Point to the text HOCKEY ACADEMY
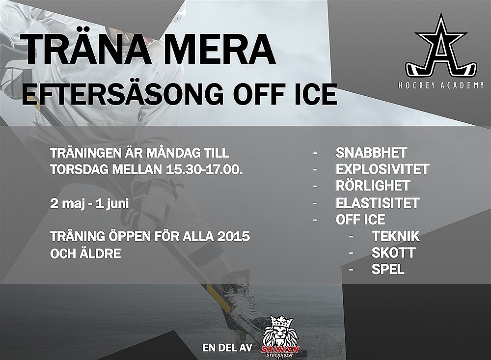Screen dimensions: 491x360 [x=441, y=85]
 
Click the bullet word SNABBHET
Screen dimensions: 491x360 [x=371, y=153]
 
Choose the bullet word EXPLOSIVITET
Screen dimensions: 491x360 [x=382, y=169]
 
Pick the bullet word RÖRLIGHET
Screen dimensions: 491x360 [x=373, y=186]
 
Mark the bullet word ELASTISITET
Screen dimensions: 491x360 [x=377, y=203]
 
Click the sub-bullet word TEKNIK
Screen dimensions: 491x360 [x=396, y=236]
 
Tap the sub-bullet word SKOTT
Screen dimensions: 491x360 [x=394, y=253]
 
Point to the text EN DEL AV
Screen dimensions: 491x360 [x=227, y=348]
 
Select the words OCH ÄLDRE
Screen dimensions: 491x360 [x=85, y=253]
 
